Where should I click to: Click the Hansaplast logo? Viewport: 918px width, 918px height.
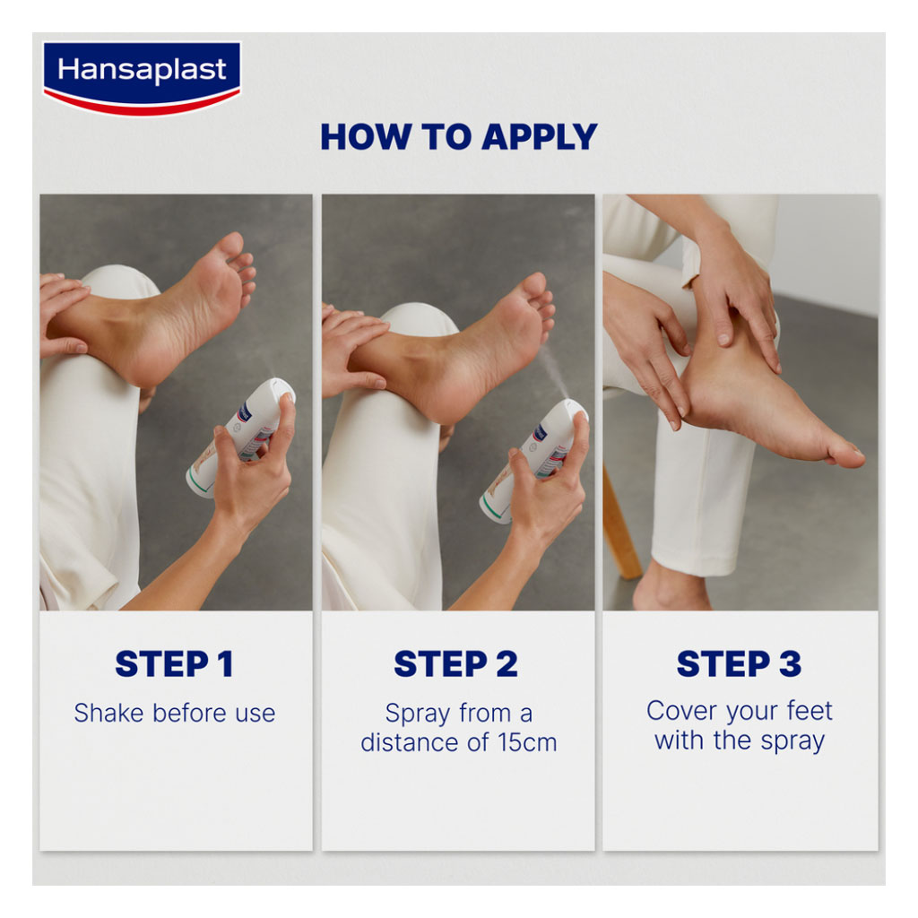pos(141,75)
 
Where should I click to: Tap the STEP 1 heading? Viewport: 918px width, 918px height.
pos(174,664)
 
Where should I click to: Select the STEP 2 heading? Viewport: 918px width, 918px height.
pos(455,664)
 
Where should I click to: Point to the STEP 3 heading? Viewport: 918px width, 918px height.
pos(739,664)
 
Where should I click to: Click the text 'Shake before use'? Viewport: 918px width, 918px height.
pos(174,714)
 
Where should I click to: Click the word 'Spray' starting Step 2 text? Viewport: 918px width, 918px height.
pos(417,714)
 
